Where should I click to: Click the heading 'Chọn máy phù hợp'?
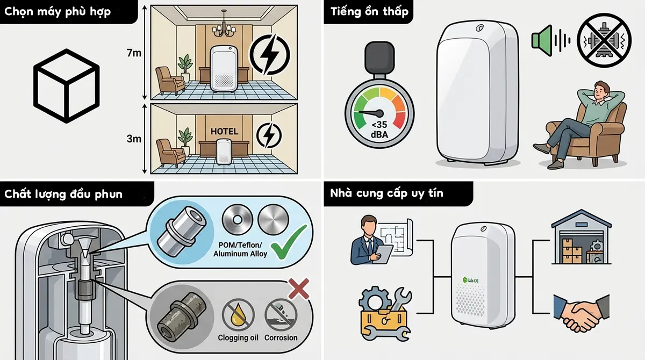[58, 12]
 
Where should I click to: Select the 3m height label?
[134, 139]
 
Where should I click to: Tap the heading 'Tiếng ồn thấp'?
[365, 12]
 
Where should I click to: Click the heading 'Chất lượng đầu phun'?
[63, 194]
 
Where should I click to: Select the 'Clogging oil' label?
[238, 338]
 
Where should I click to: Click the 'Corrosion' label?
[281, 338]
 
